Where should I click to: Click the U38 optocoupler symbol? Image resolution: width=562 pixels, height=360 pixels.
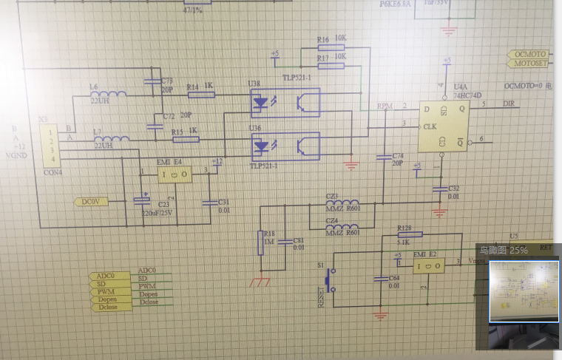284,103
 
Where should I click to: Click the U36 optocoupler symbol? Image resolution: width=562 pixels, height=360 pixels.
284,146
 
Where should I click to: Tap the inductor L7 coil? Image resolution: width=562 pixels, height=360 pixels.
111,139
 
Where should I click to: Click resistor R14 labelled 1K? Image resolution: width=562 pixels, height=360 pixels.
200,95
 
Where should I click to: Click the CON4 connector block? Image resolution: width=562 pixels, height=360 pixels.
50,145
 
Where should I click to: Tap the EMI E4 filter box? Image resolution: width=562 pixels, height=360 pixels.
172,174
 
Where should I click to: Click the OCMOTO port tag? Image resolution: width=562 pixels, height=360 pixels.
529,55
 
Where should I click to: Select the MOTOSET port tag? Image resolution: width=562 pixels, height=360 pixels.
529,64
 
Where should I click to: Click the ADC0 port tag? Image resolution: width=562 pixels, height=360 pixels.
109,276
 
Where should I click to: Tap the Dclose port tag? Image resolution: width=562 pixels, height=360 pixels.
109,308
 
